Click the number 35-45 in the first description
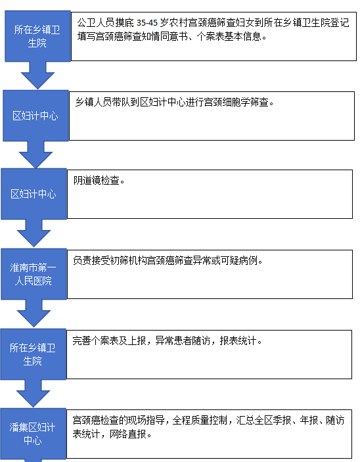147,23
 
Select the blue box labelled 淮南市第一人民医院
34,274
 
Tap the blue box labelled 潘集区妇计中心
33,434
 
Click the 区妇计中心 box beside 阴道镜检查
34,194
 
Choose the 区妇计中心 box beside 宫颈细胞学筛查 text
35,116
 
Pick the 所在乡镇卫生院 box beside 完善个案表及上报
34,354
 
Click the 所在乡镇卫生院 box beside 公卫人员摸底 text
37,36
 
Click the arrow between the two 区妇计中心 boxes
35,154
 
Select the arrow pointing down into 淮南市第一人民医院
34,233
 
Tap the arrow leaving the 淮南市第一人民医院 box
34,313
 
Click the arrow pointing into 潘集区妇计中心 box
33,394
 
